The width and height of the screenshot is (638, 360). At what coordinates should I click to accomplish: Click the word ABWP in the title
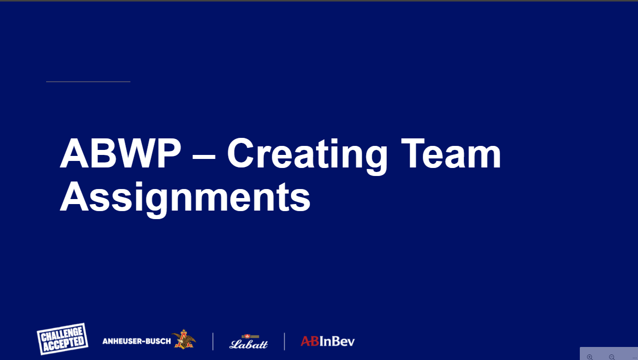pos(120,153)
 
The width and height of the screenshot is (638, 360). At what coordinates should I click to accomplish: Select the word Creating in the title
pos(307,156)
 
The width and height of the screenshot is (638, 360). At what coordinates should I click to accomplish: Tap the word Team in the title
pos(451,153)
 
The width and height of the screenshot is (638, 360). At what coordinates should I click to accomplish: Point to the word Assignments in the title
pos(185,198)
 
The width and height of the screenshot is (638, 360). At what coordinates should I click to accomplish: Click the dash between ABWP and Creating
pos(204,156)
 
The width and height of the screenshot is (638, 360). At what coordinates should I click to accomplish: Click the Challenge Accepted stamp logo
pos(62,338)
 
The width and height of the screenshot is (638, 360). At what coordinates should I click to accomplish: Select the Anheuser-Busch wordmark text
pos(136,341)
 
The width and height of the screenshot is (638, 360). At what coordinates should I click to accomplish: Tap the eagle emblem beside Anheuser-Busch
pos(184,339)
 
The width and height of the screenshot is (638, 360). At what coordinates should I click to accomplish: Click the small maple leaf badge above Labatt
pos(248,336)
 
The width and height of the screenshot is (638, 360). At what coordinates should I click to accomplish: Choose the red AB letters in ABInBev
pos(310,341)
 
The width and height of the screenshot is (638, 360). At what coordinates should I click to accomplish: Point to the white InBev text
pos(337,341)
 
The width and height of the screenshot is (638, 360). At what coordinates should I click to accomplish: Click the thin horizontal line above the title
pos(88,82)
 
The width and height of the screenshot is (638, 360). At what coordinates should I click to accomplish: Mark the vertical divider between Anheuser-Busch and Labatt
pos(213,341)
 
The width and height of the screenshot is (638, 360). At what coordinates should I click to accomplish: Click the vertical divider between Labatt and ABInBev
pos(284,341)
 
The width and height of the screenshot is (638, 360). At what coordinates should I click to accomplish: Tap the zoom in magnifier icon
pos(590,357)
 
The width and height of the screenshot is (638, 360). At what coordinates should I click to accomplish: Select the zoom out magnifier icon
pos(611,357)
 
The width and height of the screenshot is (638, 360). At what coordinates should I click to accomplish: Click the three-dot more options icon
pos(634,357)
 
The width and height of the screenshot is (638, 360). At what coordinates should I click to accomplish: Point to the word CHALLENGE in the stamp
pos(62,334)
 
